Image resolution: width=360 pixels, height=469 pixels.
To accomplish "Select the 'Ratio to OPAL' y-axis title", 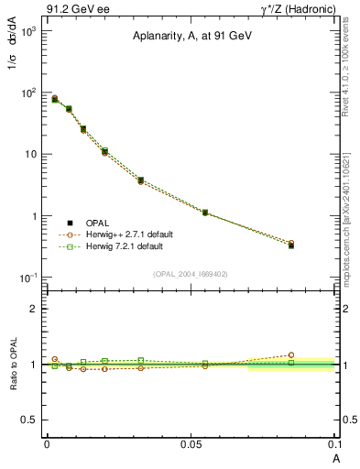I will point(14,364).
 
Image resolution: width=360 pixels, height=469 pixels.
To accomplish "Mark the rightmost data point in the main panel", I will point(291,245).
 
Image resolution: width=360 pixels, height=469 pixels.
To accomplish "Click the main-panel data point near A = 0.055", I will point(205,213).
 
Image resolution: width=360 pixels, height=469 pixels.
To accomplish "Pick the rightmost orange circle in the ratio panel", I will point(291,354).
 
